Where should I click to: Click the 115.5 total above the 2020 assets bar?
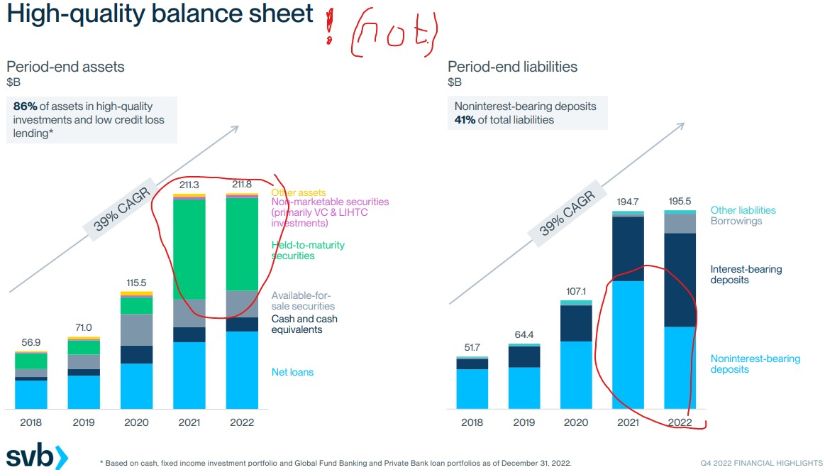[x=136, y=283]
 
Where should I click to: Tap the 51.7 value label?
[x=472, y=348]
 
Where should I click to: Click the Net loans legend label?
[x=292, y=372]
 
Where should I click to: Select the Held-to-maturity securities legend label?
[x=308, y=250]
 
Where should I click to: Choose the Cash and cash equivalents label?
[x=304, y=324]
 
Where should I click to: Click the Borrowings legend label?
[x=736, y=221]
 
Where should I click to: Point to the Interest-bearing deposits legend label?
[x=746, y=274]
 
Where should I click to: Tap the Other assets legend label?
[x=299, y=192]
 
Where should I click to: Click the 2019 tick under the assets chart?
[x=84, y=422]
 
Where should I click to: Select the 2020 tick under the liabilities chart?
[x=576, y=422]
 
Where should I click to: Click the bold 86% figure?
[x=25, y=106]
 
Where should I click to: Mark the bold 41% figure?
[x=465, y=119]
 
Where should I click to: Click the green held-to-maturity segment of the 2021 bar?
[x=189, y=248]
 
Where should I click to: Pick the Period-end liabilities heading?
[x=512, y=67]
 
